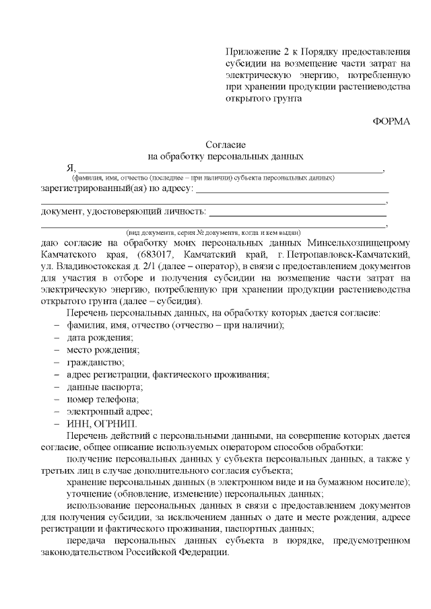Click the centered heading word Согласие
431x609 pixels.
pos(226,145)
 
